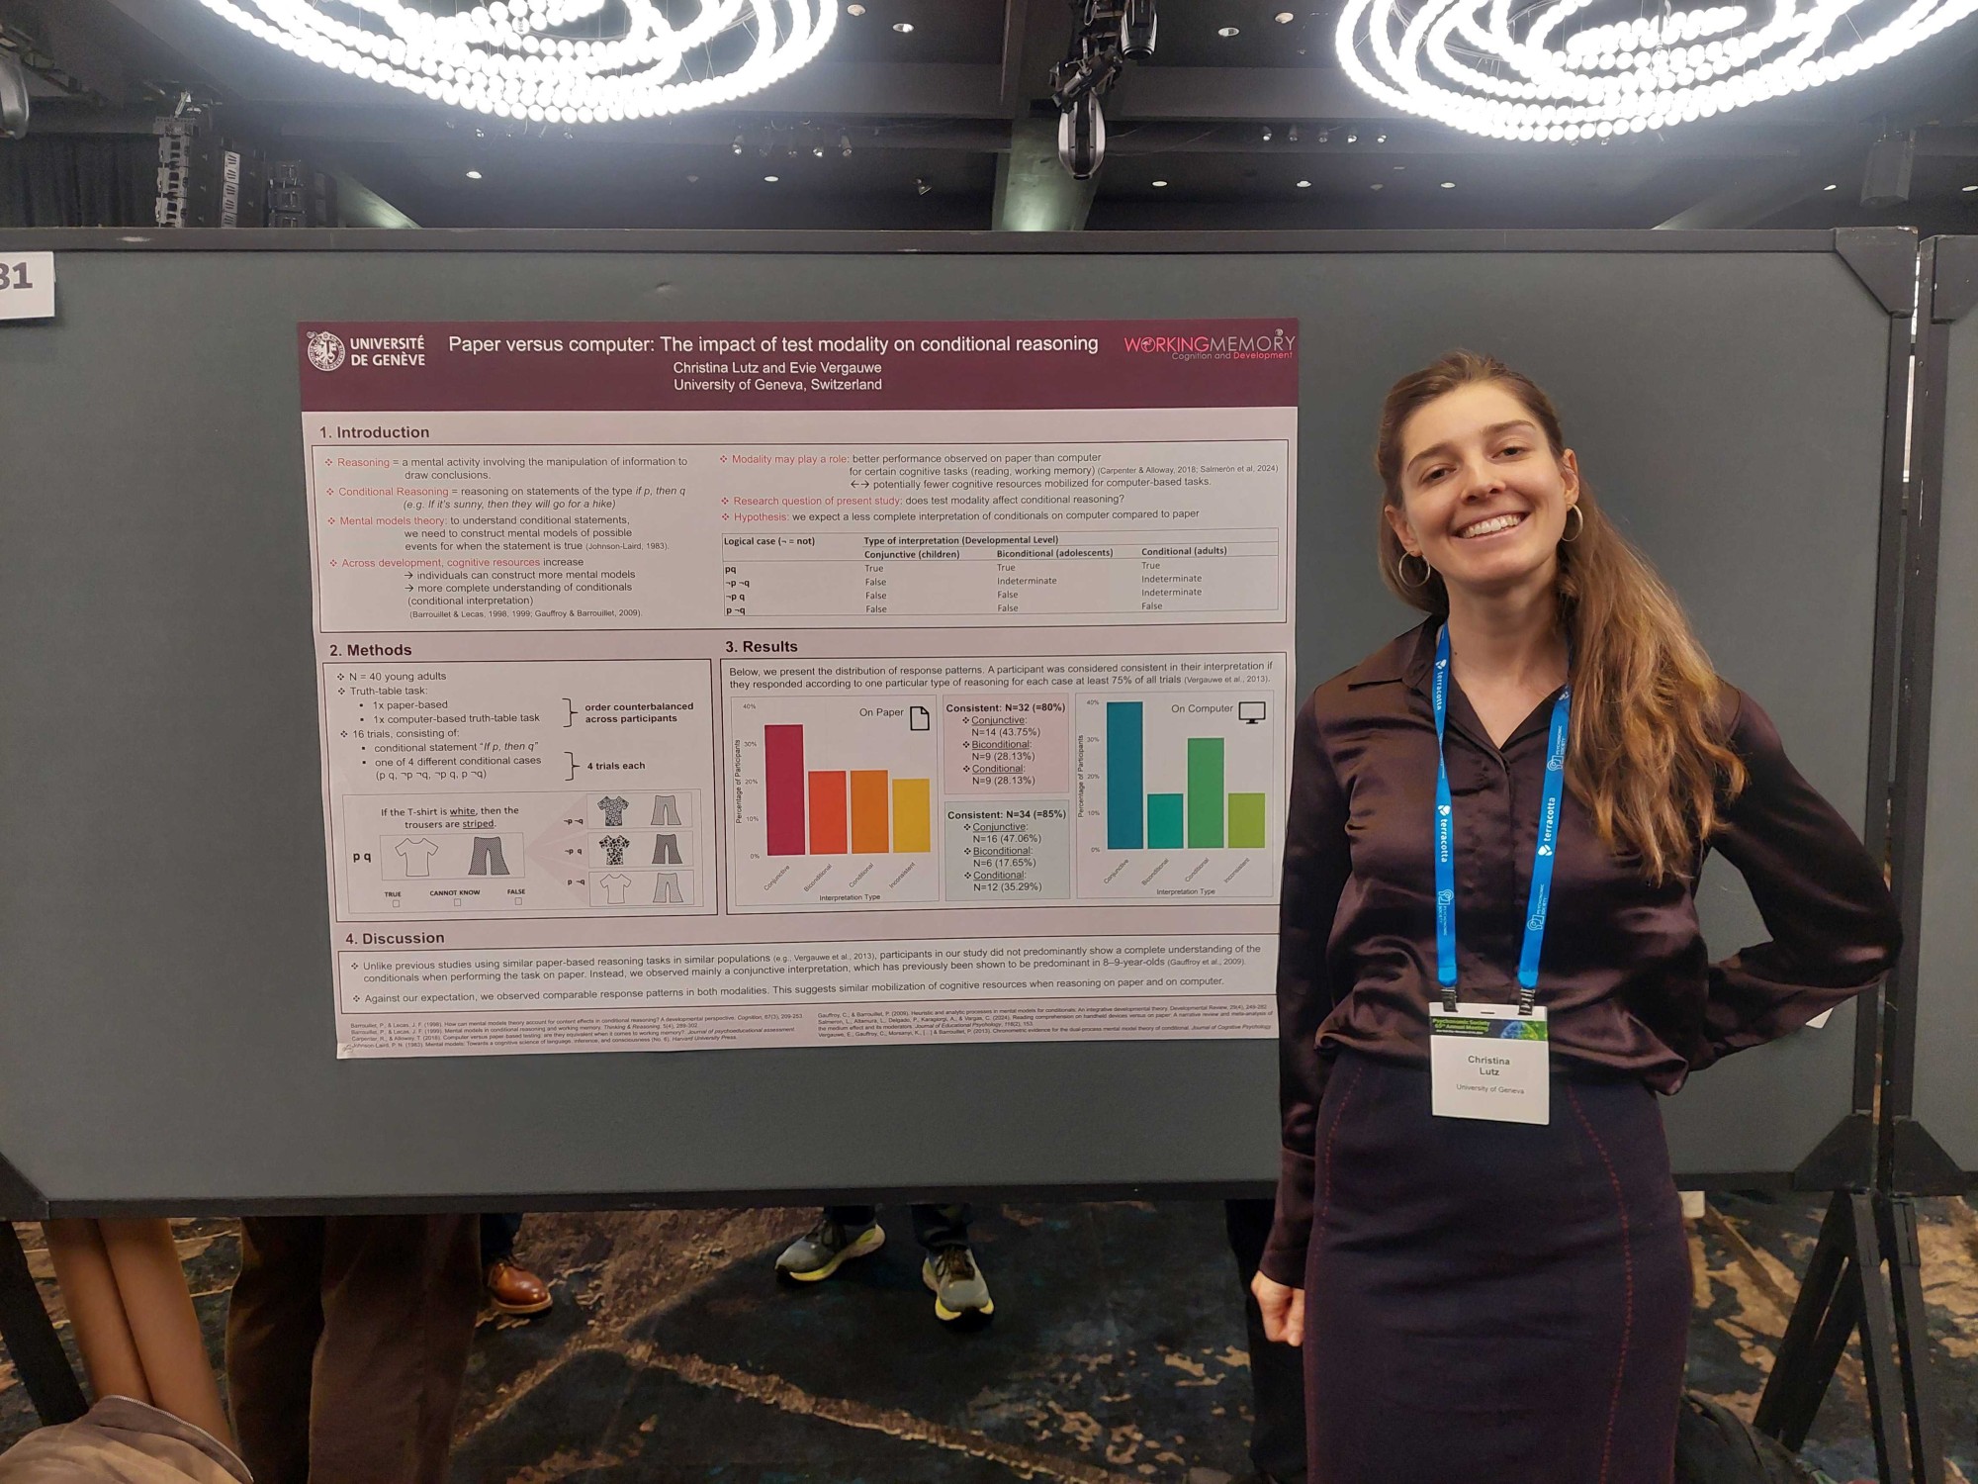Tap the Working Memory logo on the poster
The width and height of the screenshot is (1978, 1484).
tap(1209, 346)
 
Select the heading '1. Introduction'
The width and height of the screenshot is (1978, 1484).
tap(374, 432)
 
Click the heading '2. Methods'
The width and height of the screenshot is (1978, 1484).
tap(371, 650)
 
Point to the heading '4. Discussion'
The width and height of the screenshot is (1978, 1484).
tap(395, 938)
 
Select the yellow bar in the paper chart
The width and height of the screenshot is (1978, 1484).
tap(911, 815)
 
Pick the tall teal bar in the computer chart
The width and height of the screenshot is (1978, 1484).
tap(1124, 776)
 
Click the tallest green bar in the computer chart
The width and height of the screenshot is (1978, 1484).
tap(1206, 793)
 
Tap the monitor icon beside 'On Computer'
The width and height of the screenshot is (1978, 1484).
tap(1252, 711)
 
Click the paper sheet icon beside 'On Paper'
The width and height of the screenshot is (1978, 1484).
tap(919, 717)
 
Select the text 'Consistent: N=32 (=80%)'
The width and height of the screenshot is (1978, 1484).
tap(1005, 707)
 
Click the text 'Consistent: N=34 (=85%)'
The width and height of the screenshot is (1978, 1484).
tap(1006, 814)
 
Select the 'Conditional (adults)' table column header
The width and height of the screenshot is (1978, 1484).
tap(1183, 551)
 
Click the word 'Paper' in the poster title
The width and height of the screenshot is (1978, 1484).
tap(474, 344)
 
